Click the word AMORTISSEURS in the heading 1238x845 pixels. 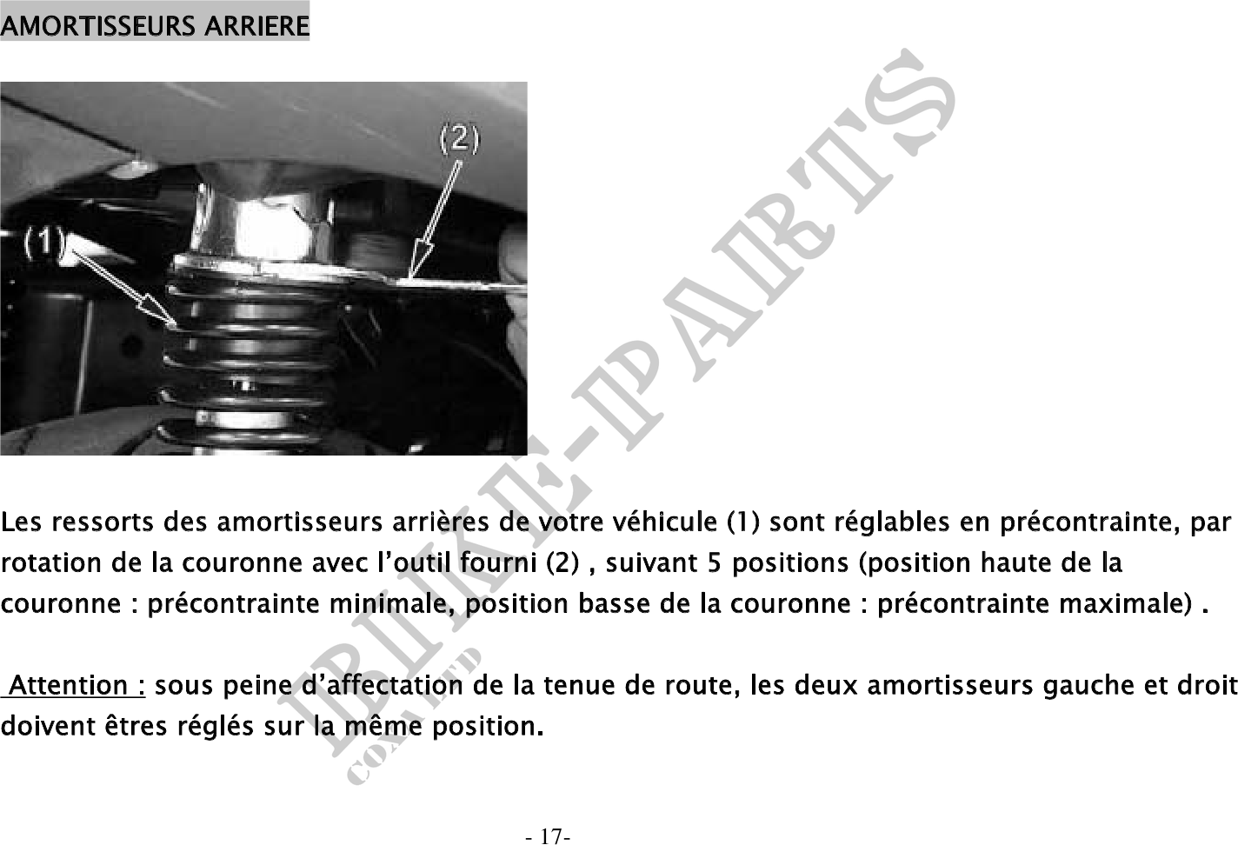[97, 27]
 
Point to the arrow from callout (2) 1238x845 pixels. [437, 218]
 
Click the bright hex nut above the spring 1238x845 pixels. [265, 228]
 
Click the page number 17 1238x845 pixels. [549, 836]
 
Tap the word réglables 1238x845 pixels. [892, 522]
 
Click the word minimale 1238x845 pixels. [390, 603]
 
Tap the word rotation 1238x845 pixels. [51, 563]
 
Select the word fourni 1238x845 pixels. [498, 562]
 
